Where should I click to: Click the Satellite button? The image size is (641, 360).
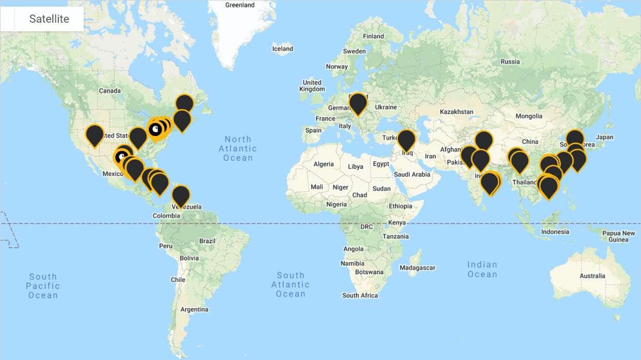click(49, 19)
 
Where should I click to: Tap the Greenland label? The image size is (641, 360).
click(240, 5)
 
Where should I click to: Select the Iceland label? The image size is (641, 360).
click(282, 49)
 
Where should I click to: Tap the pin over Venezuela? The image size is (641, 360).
click(180, 195)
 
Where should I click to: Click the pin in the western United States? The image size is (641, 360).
click(94, 134)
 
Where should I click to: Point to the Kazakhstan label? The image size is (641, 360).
click(456, 112)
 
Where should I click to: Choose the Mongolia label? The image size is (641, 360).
click(528, 116)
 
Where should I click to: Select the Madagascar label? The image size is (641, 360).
click(417, 268)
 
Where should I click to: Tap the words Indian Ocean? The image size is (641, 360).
click(482, 269)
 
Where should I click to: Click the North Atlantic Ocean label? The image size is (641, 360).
click(238, 148)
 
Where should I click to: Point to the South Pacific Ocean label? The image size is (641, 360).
click(43, 286)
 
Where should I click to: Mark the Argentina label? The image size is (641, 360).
click(194, 309)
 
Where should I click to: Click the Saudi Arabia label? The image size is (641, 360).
click(411, 174)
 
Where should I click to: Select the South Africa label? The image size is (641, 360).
click(360, 295)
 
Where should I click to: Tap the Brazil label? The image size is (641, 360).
click(207, 241)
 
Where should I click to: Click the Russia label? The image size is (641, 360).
click(510, 62)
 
